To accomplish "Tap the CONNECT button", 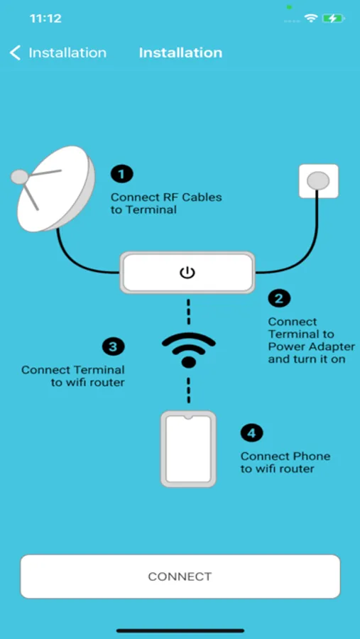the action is pos(180,577).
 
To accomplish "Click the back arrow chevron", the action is pos(15,53).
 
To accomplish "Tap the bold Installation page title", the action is pos(180,53).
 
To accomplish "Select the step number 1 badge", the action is pos(122,175).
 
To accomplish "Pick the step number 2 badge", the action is pos(279,299).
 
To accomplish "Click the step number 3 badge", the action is pos(114,347).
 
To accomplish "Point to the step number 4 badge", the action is pos(251,433).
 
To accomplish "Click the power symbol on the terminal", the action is pos(187,272).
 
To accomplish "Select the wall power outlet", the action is pos(319,181).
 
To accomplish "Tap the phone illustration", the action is pos(188,449).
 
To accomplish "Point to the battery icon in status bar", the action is pos(334,18).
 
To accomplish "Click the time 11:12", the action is pos(45,18).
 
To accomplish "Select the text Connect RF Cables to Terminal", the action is pos(166,203).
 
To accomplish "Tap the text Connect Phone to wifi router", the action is pos(285,462).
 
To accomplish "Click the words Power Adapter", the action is pos(312,346).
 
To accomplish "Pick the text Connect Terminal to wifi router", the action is pos(73,376).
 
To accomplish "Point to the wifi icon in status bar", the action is pos(311,18).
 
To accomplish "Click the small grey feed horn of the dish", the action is pos(20,177).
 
